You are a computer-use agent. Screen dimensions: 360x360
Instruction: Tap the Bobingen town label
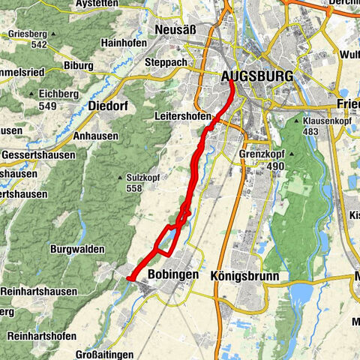pos(173,274)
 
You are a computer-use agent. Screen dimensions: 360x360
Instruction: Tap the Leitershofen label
pos(181,116)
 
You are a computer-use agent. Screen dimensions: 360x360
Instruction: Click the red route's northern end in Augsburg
pos(230,82)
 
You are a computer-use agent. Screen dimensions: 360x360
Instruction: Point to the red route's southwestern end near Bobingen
pos(129,279)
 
